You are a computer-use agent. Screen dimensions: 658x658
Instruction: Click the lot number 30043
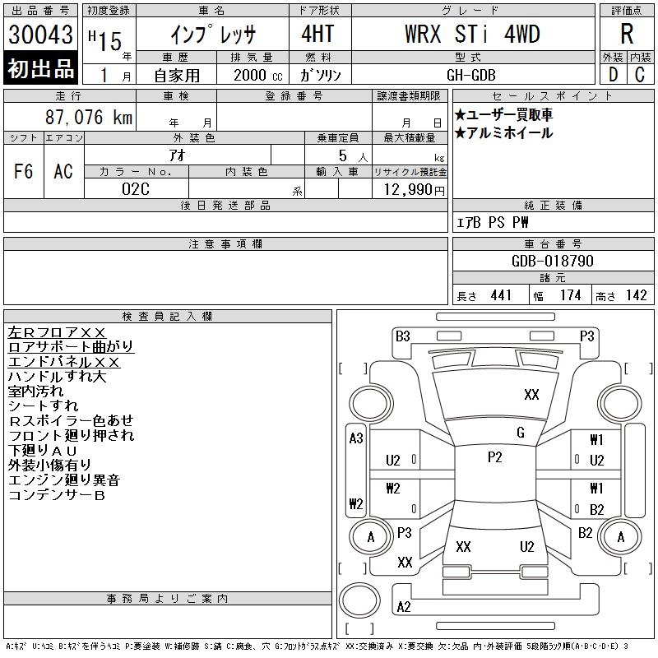(40, 35)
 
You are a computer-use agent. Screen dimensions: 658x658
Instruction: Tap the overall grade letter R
(627, 34)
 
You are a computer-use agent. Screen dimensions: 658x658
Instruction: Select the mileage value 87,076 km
(89, 117)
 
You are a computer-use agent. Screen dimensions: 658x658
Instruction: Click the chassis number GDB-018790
(552, 261)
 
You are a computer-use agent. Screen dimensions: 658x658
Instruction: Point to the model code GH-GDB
(471, 75)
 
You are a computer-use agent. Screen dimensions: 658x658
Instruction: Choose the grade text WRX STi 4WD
(472, 34)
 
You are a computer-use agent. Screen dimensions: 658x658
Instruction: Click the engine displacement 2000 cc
(258, 76)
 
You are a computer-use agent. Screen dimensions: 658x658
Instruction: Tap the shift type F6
(24, 172)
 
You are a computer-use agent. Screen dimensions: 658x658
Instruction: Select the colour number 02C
(136, 189)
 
